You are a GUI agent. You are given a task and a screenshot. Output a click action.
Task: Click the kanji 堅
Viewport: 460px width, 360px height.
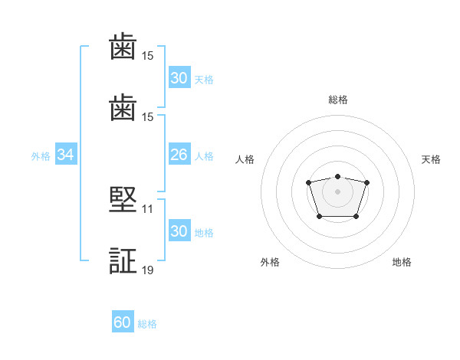123,200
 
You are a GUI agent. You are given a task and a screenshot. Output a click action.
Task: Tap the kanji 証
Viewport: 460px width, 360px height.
123,260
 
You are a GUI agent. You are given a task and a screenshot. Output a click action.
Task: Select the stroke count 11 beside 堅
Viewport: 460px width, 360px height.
147,209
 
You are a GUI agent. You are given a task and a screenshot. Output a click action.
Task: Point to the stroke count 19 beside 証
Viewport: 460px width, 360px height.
147,270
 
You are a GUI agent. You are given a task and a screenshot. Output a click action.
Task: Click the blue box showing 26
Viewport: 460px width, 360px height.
179,154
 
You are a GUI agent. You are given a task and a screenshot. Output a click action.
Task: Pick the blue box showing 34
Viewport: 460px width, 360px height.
66,154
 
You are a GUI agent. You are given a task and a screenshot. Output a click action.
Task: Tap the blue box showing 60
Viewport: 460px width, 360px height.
123,321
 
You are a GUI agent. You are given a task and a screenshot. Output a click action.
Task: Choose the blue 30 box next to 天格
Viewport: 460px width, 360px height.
179,77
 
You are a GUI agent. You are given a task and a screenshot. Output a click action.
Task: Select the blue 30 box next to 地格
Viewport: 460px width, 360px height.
179,230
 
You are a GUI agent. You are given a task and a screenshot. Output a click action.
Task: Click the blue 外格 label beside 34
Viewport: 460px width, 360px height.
41,156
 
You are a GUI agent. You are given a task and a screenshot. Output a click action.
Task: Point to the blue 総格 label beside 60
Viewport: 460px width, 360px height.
147,324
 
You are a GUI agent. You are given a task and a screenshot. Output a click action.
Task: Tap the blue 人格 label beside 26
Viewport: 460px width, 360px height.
204,156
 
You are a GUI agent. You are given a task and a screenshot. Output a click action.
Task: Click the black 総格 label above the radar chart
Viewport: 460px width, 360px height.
338,100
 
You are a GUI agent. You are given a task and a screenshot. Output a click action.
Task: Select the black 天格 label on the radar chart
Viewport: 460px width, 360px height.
431,159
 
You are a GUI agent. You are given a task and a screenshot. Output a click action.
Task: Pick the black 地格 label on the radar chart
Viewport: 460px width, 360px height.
402,262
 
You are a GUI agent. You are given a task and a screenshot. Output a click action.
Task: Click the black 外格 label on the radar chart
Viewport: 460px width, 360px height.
270,262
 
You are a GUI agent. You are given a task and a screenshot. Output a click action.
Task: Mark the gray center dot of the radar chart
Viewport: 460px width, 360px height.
337,191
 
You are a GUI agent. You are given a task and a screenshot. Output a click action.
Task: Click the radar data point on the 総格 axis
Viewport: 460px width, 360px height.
337,176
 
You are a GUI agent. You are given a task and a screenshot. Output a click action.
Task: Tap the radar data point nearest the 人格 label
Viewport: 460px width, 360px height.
308,182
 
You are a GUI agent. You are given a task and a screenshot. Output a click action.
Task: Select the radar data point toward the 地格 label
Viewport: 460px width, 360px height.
356,216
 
